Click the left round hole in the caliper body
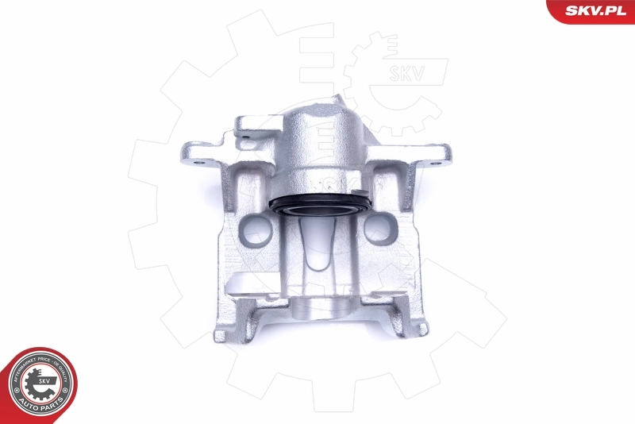point(256,232)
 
